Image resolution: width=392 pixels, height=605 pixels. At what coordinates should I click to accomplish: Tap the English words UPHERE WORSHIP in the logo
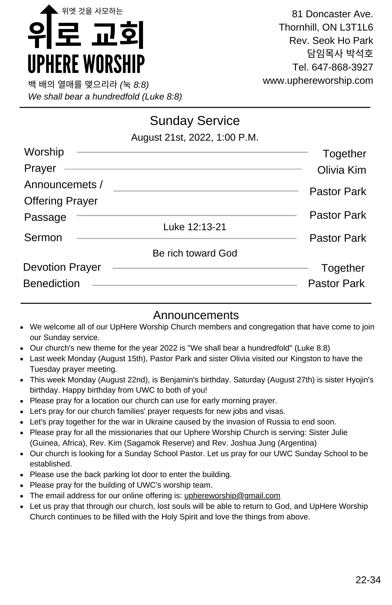(x=86, y=64)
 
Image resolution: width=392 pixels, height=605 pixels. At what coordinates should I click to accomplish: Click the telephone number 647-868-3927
(x=342, y=67)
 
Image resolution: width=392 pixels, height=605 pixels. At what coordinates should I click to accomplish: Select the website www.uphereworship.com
(x=318, y=80)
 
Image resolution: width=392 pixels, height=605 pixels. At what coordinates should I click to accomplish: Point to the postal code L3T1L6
(x=356, y=27)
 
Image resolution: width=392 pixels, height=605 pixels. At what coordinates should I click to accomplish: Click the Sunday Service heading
(x=195, y=121)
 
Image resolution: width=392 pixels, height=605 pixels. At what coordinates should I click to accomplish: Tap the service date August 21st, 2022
(x=171, y=137)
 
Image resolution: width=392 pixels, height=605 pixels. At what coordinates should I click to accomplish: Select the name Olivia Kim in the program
(x=341, y=170)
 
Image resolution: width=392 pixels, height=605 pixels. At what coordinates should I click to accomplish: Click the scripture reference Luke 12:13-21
(x=195, y=227)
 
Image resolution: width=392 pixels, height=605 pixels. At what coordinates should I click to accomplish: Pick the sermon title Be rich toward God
(x=195, y=253)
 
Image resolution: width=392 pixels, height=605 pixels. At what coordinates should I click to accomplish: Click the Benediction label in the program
(x=51, y=283)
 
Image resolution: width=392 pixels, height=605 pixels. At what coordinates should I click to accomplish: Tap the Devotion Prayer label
(x=62, y=267)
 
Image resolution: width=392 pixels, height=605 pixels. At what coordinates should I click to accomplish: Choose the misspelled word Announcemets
(x=60, y=185)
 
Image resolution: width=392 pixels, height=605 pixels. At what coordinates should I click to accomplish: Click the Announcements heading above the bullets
(x=196, y=315)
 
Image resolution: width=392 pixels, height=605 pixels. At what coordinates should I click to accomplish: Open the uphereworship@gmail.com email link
(x=232, y=495)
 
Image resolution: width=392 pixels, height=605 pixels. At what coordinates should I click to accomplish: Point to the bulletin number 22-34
(x=368, y=580)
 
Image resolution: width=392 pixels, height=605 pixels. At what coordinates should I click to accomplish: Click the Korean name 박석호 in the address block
(x=360, y=54)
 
